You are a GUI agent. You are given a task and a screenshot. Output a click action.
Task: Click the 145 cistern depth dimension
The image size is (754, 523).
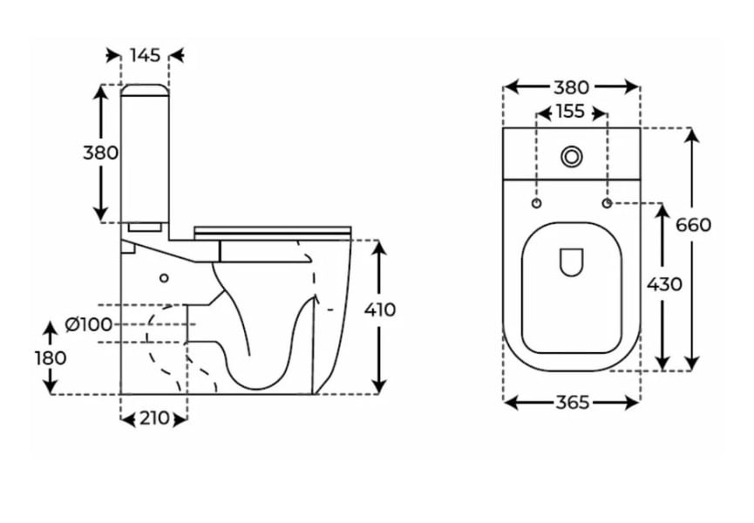coord(145,55)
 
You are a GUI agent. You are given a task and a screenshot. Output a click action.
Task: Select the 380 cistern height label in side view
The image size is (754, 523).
coord(100,153)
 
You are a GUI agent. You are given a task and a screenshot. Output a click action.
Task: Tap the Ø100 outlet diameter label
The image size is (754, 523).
coord(89,324)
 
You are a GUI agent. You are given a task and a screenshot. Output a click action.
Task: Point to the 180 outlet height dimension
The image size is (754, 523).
coord(50,358)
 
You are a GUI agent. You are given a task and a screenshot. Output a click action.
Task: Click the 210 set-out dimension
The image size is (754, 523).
coord(154,418)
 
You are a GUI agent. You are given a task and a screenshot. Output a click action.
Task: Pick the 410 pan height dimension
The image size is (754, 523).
coord(380,310)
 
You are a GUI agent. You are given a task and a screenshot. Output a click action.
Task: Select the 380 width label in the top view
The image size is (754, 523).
coord(571,87)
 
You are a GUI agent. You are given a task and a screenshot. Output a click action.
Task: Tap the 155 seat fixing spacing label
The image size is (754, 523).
coord(571,112)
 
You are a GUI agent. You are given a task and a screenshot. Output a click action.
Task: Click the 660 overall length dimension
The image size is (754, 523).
coord(693,225)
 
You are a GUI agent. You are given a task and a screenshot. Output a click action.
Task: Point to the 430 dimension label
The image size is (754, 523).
coord(664,284)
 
